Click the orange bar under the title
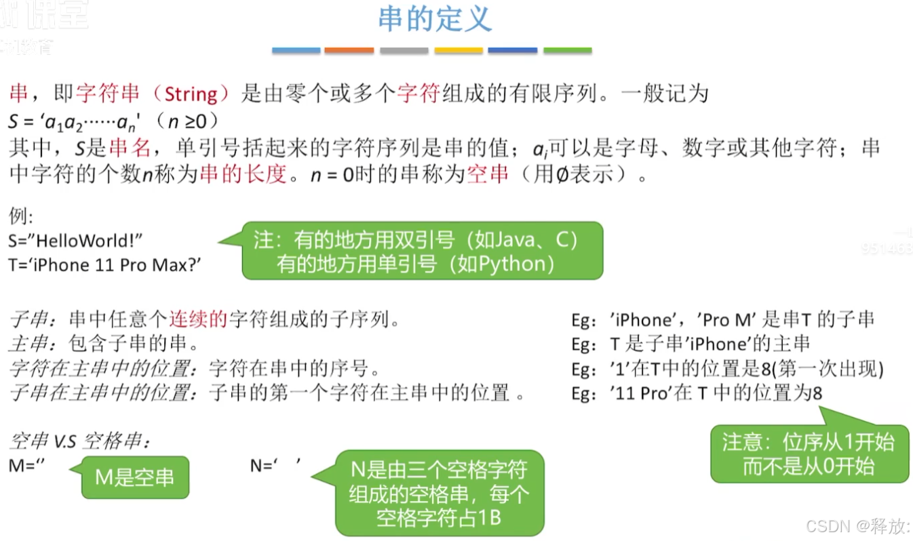click(349, 50)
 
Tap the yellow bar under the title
click(458, 50)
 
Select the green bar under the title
click(567, 50)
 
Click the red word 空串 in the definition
click(488, 175)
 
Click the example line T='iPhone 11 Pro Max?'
click(105, 264)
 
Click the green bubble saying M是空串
click(134, 477)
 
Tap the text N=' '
click(275, 466)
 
